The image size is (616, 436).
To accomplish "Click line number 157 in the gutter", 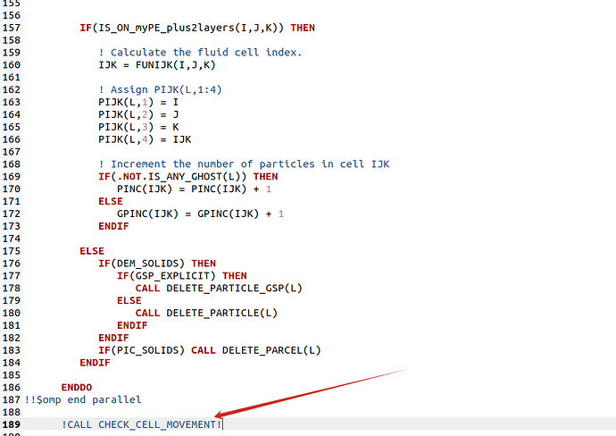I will point(12,28).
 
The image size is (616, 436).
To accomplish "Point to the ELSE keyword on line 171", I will point(111,201).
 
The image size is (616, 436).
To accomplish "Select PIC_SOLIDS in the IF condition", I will point(147,350).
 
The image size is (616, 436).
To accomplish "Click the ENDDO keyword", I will point(76,387).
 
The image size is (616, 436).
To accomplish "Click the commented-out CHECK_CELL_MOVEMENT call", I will point(142,424).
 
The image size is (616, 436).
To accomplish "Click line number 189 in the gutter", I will point(12,424).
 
